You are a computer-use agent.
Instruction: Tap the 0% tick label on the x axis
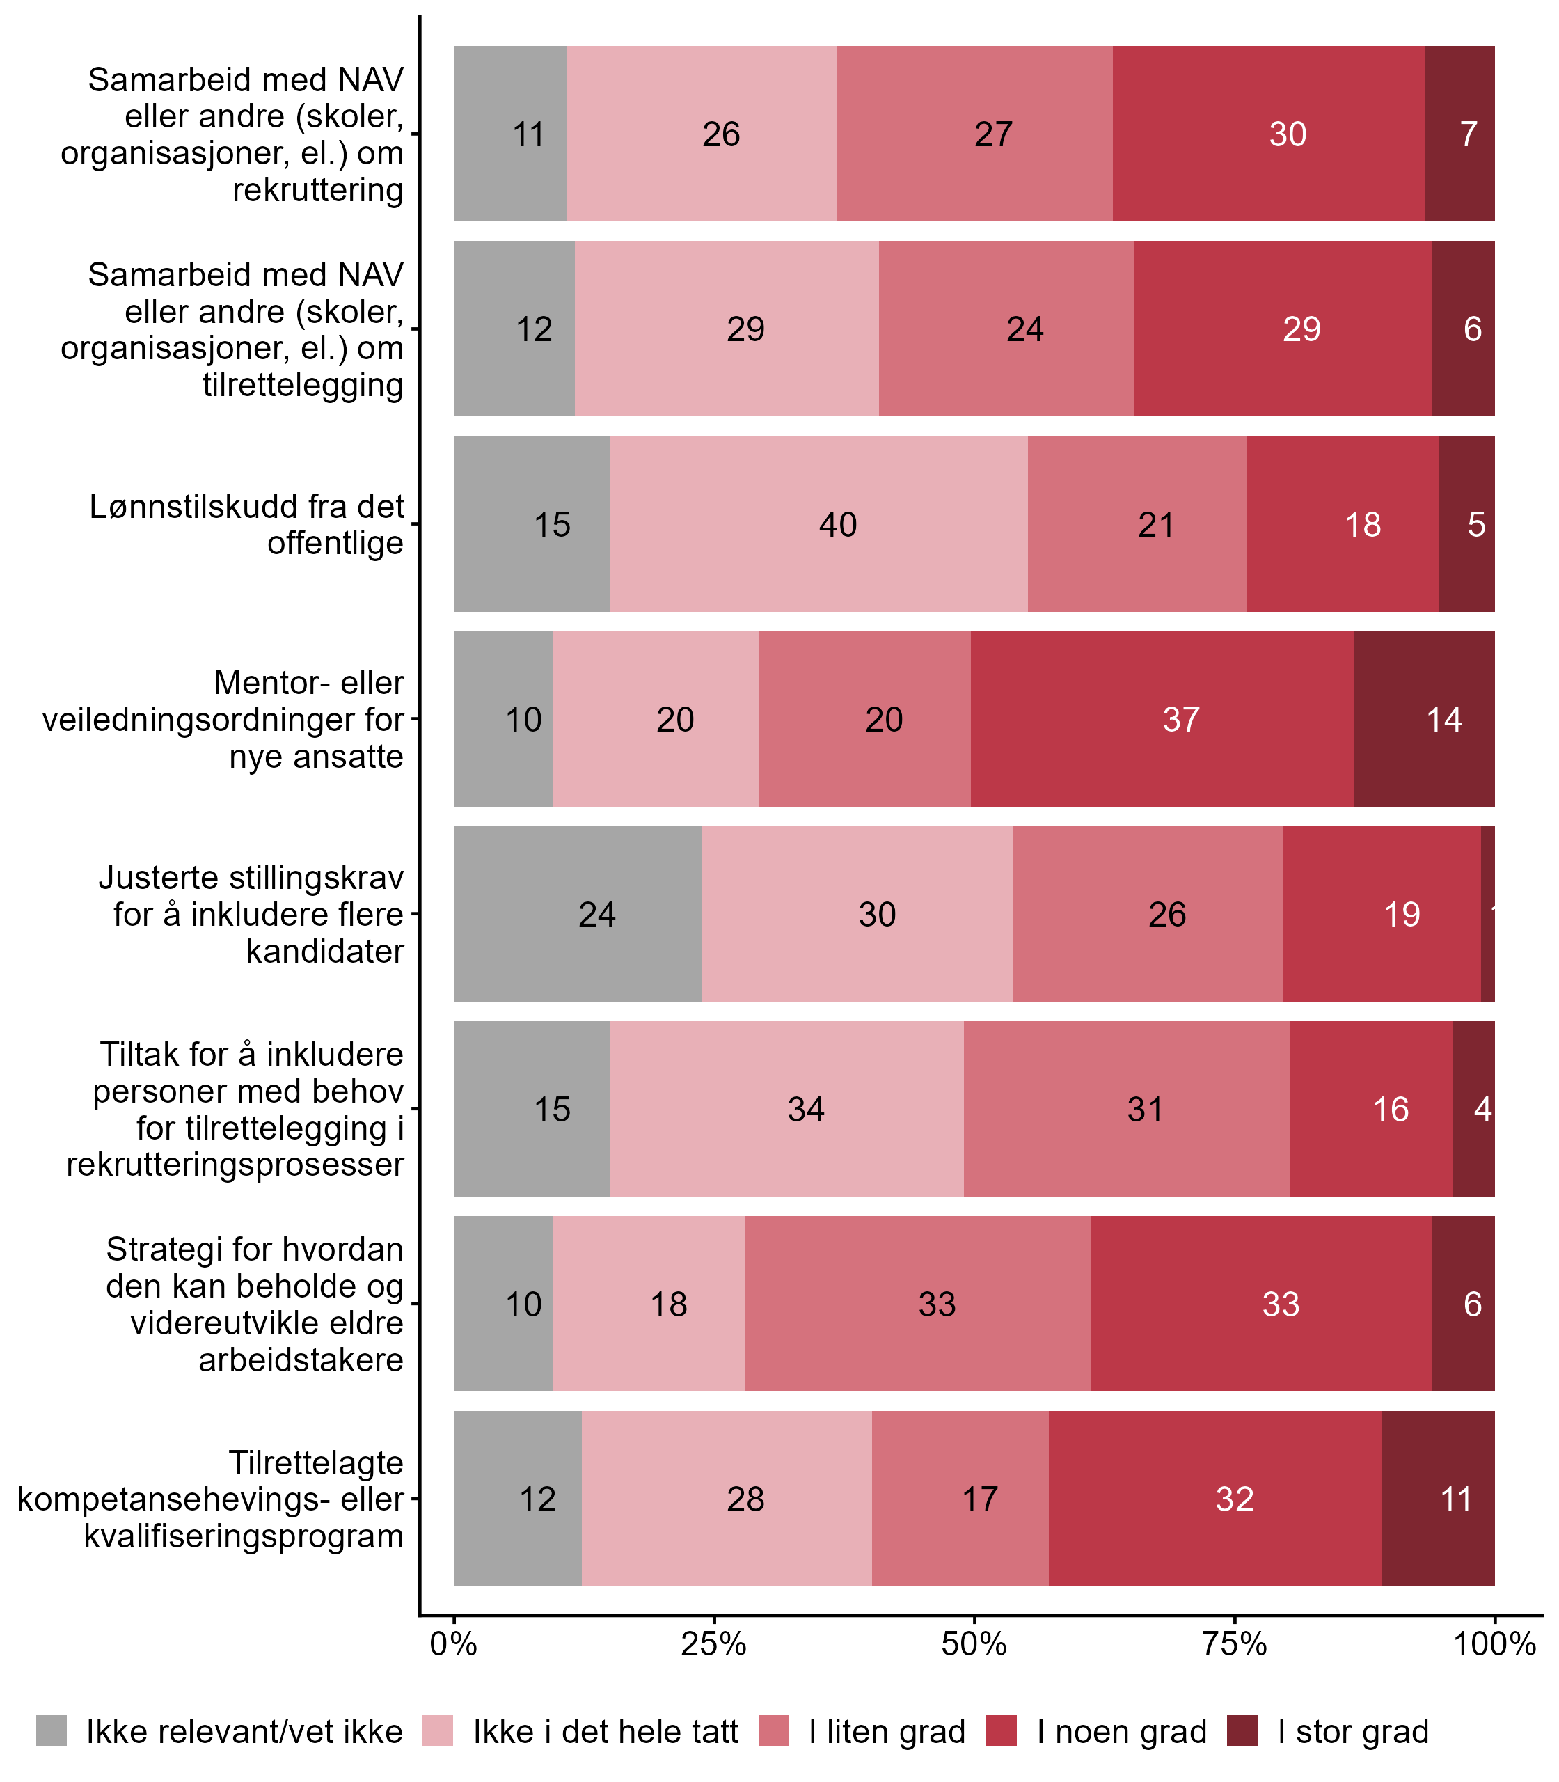[x=453, y=1644]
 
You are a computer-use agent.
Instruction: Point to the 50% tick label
[x=974, y=1644]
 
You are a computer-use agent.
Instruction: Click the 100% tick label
[x=1495, y=1644]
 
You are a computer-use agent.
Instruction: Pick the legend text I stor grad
[x=1353, y=1732]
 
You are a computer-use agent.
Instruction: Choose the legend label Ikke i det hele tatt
[x=606, y=1732]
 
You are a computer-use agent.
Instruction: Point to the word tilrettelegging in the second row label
[x=303, y=384]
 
